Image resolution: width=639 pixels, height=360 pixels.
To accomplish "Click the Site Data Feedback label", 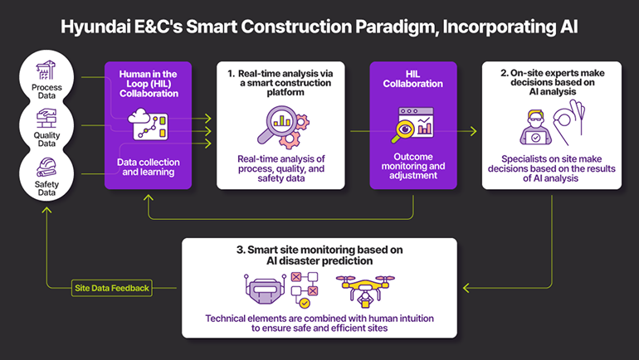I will click(x=110, y=288).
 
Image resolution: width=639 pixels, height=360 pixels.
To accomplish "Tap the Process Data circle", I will click(x=46, y=75).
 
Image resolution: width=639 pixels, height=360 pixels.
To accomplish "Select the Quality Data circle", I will click(x=46, y=126).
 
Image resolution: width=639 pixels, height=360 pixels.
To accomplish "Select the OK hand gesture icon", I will click(x=578, y=122).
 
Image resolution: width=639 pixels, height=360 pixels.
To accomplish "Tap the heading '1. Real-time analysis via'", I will click(x=278, y=73).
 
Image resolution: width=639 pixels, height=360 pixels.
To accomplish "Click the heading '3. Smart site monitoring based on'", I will click(x=319, y=249).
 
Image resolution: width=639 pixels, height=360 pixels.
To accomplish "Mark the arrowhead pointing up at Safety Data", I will click(x=47, y=210).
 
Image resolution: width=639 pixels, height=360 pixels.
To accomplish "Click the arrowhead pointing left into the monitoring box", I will click(x=467, y=288).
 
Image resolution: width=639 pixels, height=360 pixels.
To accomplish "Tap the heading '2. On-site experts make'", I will click(x=550, y=73).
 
